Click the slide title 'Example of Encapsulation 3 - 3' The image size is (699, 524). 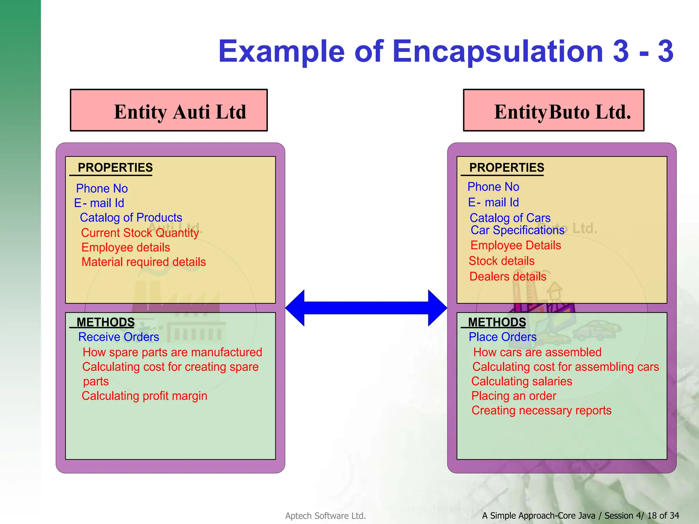[x=445, y=51]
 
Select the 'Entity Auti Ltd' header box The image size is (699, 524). [x=169, y=111]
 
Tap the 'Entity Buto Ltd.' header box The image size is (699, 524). [x=554, y=111]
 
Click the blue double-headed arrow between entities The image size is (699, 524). [x=366, y=308]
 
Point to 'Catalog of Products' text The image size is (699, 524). [x=131, y=218]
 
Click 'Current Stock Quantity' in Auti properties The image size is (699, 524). [x=140, y=233]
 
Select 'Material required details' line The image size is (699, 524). [x=144, y=262]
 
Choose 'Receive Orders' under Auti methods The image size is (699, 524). [x=118, y=337]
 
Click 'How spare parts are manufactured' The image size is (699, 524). [x=172, y=352]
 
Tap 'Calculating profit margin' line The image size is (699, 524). [x=144, y=396]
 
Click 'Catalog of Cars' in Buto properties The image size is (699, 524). [x=510, y=218]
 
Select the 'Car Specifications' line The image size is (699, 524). [x=517, y=230]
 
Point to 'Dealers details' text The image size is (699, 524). [x=508, y=276]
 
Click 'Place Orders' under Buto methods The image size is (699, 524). [x=502, y=337]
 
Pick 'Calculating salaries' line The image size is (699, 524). [x=522, y=381]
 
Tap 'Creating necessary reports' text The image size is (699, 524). [x=541, y=410]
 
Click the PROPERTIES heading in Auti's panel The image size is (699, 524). [x=115, y=168]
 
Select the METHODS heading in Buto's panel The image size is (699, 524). [x=497, y=322]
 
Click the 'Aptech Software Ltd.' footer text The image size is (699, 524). [x=325, y=516]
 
